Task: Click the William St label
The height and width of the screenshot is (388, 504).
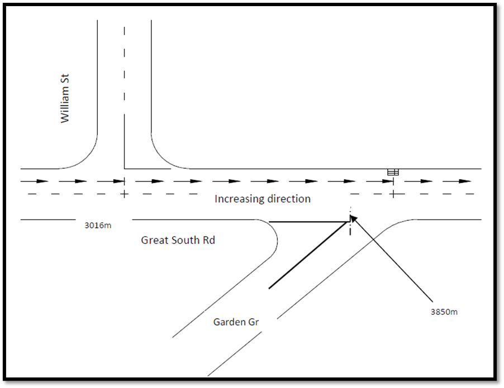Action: click(x=65, y=101)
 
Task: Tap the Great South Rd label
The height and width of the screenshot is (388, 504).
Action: click(x=178, y=241)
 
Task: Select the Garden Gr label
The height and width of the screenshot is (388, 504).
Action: click(x=236, y=322)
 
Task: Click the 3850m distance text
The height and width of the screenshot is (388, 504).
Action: click(x=444, y=312)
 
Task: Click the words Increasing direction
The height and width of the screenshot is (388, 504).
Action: click(x=262, y=199)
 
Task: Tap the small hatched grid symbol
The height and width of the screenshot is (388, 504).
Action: click(x=393, y=172)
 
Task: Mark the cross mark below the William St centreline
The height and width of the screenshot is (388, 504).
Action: click(x=124, y=194)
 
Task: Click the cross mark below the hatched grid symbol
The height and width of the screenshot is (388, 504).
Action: click(x=393, y=194)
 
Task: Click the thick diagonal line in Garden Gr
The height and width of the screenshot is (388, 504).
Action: click(x=307, y=257)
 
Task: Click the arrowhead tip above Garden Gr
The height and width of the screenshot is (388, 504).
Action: click(x=353, y=217)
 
